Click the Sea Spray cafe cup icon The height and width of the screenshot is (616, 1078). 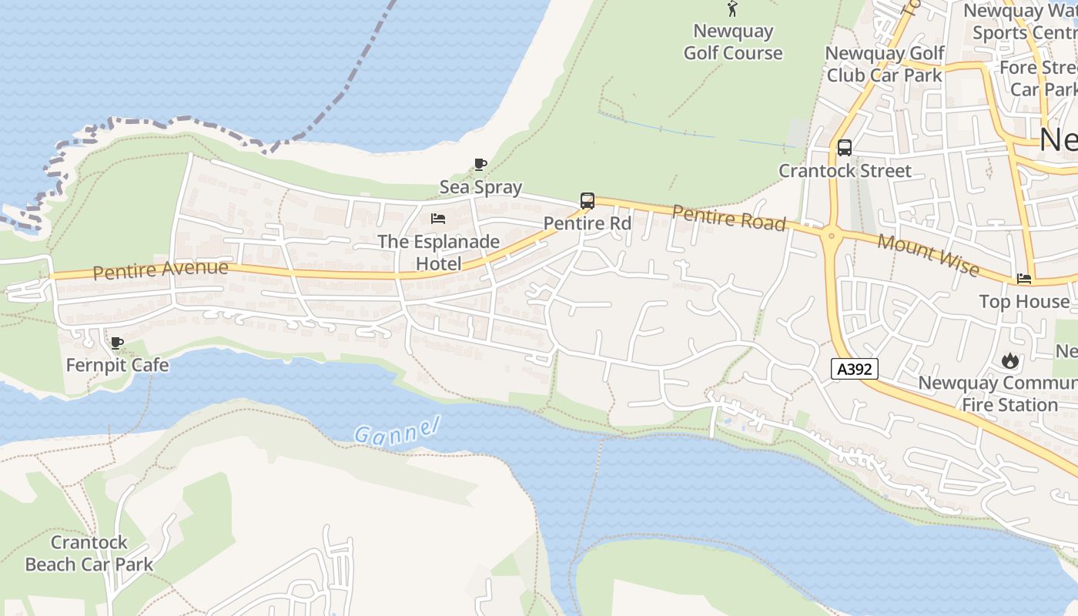pos(480,164)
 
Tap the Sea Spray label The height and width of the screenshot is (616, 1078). pos(480,187)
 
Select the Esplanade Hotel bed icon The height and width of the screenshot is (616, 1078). pos(438,219)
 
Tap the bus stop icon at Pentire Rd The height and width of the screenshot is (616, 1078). pos(588,201)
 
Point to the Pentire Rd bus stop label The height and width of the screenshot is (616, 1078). pos(588,223)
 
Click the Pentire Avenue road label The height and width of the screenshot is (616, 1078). pos(160,269)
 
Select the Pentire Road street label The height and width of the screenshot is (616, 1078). pos(728,217)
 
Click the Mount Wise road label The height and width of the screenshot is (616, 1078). pos(928,255)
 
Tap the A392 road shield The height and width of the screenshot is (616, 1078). pos(855,369)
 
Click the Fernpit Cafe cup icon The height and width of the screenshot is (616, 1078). pos(116,343)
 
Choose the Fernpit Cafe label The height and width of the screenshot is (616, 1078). pos(117,364)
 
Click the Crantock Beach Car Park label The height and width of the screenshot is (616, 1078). pos(89,554)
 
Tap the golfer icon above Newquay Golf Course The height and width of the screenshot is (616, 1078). pos(732,9)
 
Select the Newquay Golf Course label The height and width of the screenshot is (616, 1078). pos(733,42)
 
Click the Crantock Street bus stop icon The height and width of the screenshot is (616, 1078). pos(845,148)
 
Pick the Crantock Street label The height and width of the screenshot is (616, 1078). pos(845,170)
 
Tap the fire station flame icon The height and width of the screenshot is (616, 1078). pos(1009,360)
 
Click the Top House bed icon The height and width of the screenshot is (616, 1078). pos(1024,279)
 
